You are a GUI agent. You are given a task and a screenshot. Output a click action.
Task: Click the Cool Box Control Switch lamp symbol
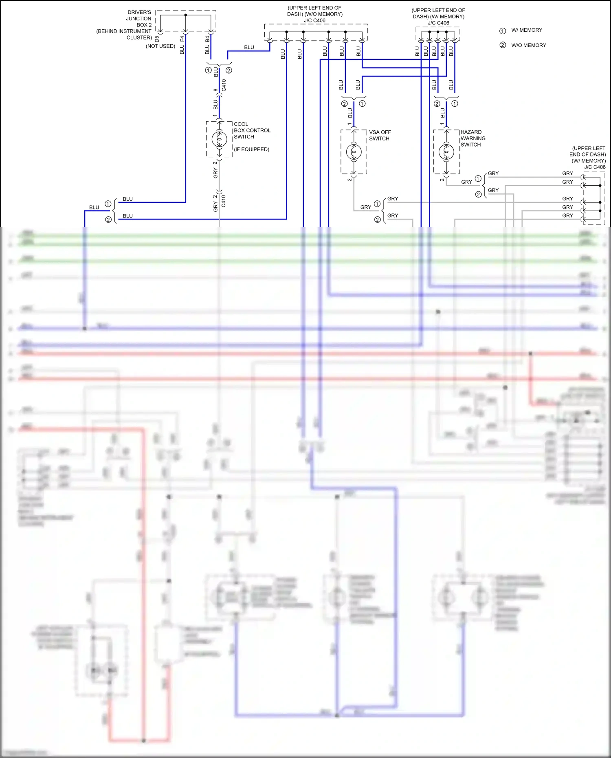[219, 139]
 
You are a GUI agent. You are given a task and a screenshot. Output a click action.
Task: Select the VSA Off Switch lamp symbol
[354, 152]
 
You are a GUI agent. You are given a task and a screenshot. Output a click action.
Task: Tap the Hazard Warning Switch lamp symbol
[446, 152]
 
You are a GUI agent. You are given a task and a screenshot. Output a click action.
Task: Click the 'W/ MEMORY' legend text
[527, 30]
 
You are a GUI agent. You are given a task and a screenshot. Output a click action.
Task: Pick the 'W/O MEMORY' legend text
[528, 45]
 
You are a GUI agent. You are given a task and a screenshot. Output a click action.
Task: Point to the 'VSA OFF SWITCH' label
[380, 135]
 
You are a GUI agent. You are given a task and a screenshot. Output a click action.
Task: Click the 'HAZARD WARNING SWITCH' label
[473, 138]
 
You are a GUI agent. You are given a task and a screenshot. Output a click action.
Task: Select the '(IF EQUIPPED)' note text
[251, 149]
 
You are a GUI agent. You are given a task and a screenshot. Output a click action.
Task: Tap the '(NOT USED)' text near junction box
[160, 46]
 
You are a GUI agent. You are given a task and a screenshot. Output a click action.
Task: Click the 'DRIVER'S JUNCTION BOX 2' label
[138, 19]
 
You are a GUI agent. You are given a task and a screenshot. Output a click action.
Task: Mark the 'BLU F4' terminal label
[182, 45]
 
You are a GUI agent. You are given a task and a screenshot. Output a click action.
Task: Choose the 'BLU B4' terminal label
[207, 45]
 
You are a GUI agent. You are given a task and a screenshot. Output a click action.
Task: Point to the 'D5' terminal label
[157, 39]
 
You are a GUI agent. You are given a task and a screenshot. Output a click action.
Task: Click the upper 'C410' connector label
[224, 85]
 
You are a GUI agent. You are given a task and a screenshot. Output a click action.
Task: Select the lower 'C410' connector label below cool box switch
[223, 201]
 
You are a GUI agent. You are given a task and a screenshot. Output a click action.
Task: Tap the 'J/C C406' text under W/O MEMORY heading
[314, 20]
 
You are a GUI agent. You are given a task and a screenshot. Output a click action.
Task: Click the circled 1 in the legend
[503, 31]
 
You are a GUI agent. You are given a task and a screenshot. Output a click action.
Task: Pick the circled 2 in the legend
[503, 45]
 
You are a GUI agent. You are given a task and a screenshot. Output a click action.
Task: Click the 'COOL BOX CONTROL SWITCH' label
[252, 130]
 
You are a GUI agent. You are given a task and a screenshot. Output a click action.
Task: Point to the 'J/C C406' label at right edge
[595, 167]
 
